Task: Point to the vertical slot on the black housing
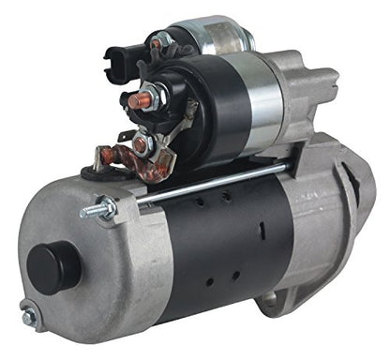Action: coord(262,229)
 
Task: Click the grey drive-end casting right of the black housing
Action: coord(319,234)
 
